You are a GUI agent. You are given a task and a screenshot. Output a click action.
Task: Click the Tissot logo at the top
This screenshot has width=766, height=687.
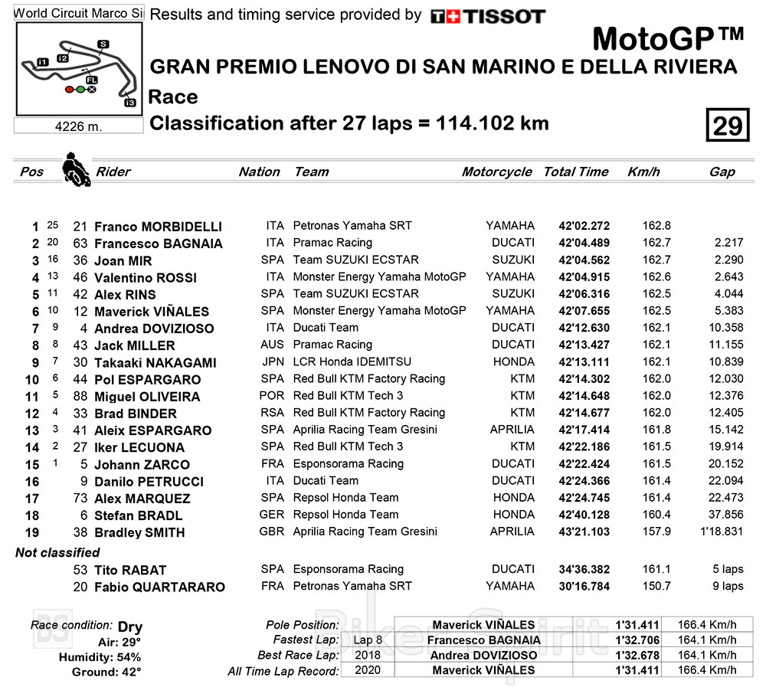tap(487, 16)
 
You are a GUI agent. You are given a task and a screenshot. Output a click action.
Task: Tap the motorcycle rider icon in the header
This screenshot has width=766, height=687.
tap(75, 169)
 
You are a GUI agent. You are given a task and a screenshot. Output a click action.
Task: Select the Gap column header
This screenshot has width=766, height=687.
tap(722, 172)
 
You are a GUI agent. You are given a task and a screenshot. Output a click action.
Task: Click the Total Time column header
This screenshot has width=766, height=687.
tap(575, 172)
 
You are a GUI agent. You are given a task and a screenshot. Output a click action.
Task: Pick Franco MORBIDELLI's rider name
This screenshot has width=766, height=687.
tap(158, 227)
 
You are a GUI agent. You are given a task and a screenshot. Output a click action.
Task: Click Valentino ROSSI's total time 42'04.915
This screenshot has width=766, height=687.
tap(584, 277)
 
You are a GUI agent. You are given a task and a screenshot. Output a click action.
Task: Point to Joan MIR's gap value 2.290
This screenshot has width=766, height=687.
tap(727, 260)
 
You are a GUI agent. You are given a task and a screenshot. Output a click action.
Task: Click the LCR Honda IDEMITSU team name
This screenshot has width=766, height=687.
tap(352, 362)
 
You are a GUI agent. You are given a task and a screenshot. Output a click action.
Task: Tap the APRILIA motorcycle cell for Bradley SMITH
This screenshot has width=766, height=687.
tap(512, 532)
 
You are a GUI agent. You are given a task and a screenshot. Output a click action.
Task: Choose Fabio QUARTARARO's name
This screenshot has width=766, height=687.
tap(159, 587)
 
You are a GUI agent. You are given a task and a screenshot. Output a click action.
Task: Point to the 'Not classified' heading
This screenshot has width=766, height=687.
tap(57, 552)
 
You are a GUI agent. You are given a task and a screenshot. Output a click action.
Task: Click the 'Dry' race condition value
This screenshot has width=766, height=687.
tap(130, 626)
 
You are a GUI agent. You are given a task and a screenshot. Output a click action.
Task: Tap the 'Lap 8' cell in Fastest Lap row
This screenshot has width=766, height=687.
tap(363, 640)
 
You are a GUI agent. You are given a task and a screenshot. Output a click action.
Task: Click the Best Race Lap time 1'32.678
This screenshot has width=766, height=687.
tap(637, 656)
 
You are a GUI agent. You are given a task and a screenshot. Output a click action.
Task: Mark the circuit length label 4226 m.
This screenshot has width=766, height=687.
tap(79, 126)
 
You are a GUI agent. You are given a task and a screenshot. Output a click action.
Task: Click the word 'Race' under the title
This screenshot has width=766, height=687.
tap(173, 97)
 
